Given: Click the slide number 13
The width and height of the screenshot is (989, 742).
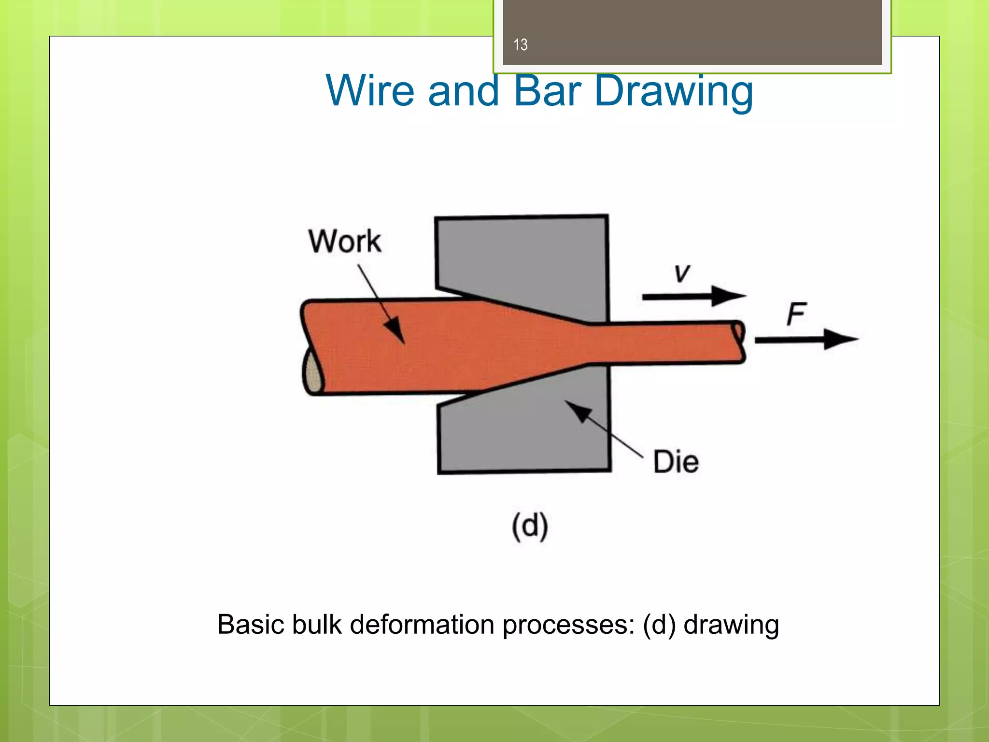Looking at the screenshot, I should click(x=520, y=45).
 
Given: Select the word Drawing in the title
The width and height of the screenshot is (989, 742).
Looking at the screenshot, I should click(x=673, y=92).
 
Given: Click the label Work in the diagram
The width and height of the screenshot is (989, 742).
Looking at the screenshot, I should click(x=345, y=241).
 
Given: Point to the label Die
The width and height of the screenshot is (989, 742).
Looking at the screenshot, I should click(x=676, y=462).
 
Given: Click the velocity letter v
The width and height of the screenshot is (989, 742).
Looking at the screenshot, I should click(x=682, y=273).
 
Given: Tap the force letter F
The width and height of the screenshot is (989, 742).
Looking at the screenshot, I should click(x=796, y=314).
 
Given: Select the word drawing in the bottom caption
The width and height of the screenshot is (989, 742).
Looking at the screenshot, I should click(x=731, y=625).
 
